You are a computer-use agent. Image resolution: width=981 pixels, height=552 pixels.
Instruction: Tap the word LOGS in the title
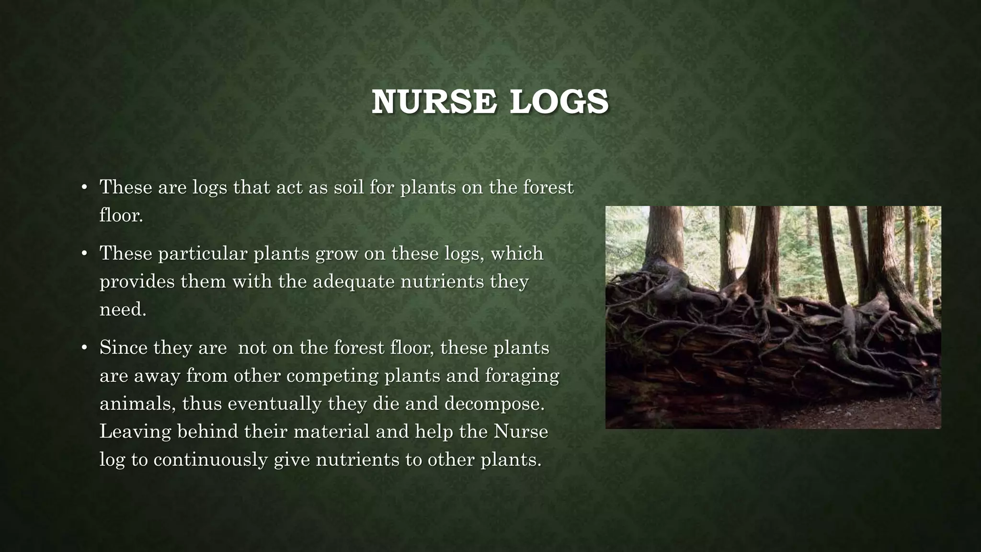[x=559, y=102]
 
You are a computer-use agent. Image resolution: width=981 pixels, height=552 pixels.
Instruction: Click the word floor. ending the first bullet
[x=121, y=215]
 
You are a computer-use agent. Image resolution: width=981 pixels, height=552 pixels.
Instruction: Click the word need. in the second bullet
[x=123, y=309]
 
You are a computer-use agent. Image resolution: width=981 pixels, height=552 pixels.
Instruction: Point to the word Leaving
[x=135, y=431]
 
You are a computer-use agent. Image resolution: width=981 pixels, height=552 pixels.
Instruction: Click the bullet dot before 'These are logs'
[x=84, y=187]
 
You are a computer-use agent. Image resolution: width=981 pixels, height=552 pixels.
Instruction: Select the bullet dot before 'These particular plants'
[x=84, y=253]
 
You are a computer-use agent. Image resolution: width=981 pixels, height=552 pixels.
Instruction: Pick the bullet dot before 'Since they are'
[x=84, y=347]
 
